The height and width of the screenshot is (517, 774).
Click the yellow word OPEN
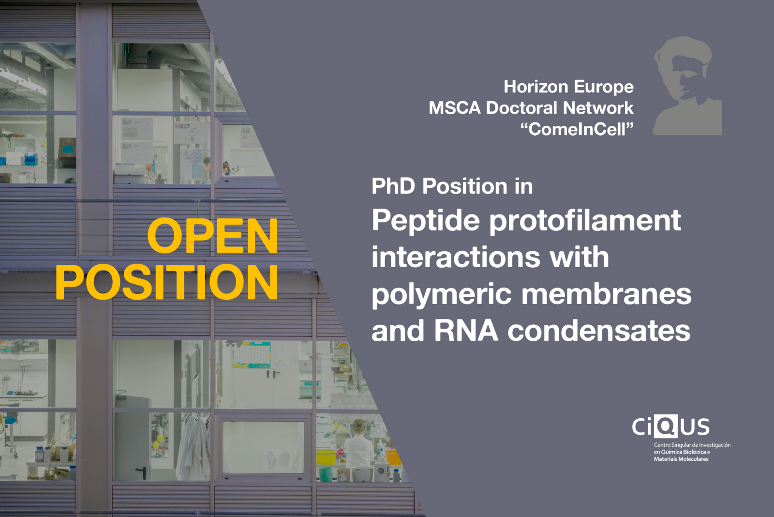tap(213, 236)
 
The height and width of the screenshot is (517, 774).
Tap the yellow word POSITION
tap(167, 282)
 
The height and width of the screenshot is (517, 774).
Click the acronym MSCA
tap(454, 108)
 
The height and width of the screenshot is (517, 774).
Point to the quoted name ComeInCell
tap(577, 129)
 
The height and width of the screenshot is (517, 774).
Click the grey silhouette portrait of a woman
tap(686, 86)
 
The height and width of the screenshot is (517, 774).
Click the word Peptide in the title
tap(426, 221)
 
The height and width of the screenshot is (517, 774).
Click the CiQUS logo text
tap(670, 426)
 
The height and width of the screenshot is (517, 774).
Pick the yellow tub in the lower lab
tap(326, 457)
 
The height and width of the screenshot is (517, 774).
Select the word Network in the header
tap(598, 108)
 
